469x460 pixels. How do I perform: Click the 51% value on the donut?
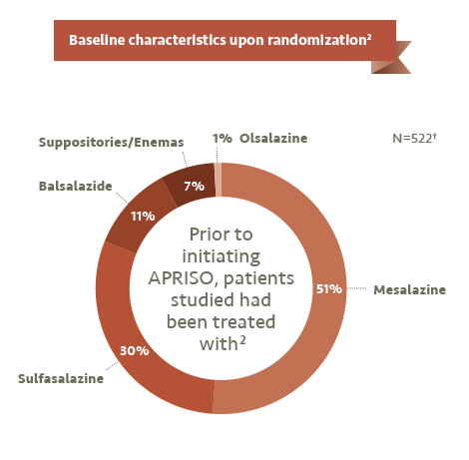point(329,288)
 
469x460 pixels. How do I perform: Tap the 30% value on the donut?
point(135,350)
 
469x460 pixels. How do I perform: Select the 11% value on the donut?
point(143,217)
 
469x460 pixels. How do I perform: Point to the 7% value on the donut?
point(195,186)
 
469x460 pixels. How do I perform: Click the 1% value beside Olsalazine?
point(223,138)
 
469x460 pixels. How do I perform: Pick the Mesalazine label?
point(409,289)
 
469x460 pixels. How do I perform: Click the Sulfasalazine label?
point(61,378)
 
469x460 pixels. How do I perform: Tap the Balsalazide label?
point(76,186)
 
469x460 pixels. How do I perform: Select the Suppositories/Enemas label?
point(111,143)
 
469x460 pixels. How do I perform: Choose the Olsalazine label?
point(273,138)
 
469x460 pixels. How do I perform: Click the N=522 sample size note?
point(414,138)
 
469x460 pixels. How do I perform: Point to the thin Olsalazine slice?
point(218,180)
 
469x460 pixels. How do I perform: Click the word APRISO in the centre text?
point(181,278)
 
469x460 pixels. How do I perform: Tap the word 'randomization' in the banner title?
point(317,40)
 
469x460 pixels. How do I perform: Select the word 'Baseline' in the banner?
point(97,40)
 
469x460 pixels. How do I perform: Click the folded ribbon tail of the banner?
point(391,57)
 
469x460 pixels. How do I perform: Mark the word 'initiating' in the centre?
point(222,256)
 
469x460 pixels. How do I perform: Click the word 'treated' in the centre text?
point(243,322)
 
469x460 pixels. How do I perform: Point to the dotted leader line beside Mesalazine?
point(356,288)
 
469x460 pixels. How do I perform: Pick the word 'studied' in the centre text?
point(198,300)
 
